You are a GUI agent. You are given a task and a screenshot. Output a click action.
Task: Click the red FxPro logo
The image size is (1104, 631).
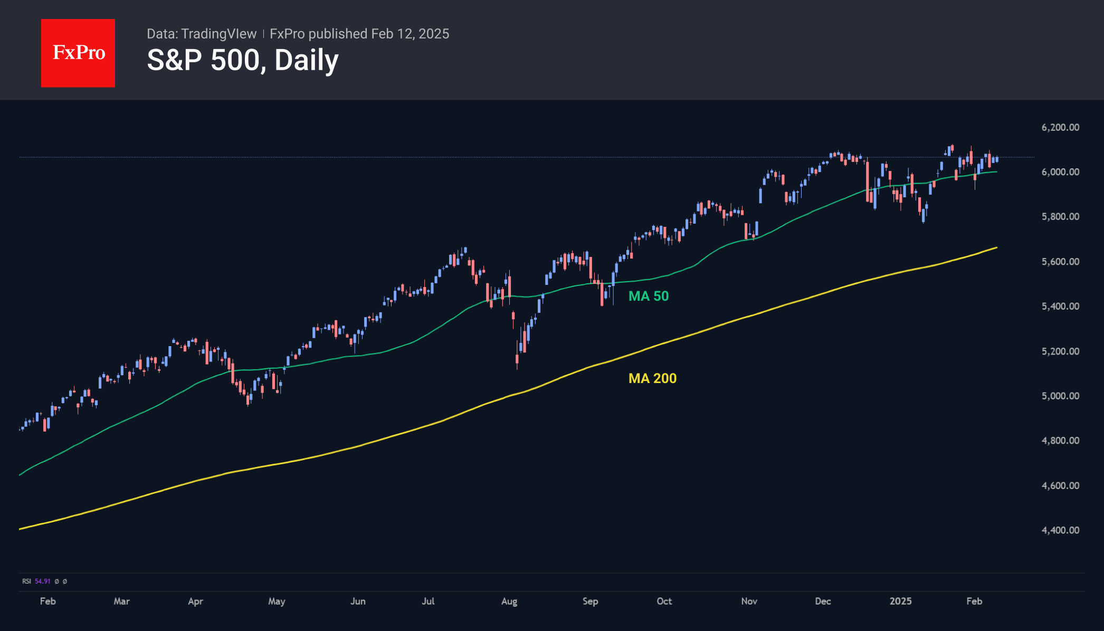[x=78, y=53]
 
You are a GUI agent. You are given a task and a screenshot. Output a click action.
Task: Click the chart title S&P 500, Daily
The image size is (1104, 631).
[x=242, y=60]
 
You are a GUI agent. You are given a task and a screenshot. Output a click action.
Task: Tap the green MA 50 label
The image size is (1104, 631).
[x=648, y=297]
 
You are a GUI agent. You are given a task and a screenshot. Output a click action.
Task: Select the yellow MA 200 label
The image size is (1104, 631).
[x=652, y=379]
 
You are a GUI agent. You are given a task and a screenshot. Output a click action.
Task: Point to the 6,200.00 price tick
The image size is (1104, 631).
[x=1060, y=128]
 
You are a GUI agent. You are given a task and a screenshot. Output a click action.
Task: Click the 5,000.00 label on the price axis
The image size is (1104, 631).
[x=1060, y=396]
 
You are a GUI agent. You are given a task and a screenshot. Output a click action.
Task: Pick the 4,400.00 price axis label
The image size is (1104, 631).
[x=1060, y=531]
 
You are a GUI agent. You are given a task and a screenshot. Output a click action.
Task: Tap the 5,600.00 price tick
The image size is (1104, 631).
[x=1060, y=262]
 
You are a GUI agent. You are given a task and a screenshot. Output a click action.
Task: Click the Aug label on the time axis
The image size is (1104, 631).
[x=509, y=601]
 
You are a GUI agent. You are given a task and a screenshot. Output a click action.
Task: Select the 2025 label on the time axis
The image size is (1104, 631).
[x=900, y=601]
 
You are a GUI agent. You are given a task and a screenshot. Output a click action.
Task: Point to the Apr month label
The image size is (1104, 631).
[x=195, y=601]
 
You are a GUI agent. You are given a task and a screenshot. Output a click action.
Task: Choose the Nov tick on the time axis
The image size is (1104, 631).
[x=749, y=601]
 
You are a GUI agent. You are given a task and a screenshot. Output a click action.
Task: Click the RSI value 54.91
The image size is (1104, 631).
[x=43, y=581]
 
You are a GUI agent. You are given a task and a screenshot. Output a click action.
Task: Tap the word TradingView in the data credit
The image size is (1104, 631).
[x=218, y=34]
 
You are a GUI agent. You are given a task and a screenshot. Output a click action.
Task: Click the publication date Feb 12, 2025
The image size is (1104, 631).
[x=410, y=34]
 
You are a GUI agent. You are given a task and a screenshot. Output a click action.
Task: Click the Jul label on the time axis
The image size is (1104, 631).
[x=428, y=601]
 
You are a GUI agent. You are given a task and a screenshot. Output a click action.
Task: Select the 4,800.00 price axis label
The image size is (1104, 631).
[x=1060, y=441]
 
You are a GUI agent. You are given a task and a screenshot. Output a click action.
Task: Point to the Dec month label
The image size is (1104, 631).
[x=823, y=601]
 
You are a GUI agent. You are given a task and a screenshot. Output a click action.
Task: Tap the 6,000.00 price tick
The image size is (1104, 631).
[x=1060, y=173]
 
